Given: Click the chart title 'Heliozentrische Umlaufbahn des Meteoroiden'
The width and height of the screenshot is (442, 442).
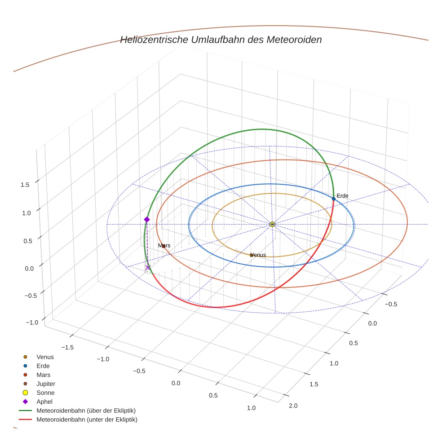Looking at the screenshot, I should point(221,40).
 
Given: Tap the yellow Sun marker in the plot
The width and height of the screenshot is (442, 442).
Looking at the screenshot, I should point(272,224).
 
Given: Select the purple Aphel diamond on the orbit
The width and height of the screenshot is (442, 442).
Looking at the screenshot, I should point(146,219).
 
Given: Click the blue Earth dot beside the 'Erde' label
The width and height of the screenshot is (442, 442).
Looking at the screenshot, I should point(333,199).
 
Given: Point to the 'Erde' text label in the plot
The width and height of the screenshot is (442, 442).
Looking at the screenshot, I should point(342,196).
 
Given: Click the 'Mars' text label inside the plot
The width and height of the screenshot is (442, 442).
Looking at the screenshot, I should point(164,246).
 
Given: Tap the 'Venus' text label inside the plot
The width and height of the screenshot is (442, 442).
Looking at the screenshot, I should point(258,255).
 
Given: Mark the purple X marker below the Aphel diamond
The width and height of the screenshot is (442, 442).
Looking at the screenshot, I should point(148,268).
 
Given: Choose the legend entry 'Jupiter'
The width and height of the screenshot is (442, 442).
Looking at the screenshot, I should point(45,384).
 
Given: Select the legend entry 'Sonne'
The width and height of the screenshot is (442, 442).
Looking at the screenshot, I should point(45,393).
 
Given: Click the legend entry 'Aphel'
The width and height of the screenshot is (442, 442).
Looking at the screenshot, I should point(44,402).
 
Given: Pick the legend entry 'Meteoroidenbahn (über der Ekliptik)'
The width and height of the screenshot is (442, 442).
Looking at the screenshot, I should point(86,411).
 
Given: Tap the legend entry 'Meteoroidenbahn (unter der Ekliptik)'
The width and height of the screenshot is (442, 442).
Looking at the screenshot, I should point(87,420).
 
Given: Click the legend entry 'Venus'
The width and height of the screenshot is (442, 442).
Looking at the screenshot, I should point(45,357).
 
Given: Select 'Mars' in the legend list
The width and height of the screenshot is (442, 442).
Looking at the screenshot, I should point(43,375).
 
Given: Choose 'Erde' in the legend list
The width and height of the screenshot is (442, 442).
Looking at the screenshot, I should point(43,366).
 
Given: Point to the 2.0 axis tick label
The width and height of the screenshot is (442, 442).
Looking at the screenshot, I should point(293,406).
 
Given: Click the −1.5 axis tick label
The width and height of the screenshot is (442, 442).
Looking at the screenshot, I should point(67,347).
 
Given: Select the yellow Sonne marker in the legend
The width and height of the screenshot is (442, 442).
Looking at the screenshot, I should point(25,393).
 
